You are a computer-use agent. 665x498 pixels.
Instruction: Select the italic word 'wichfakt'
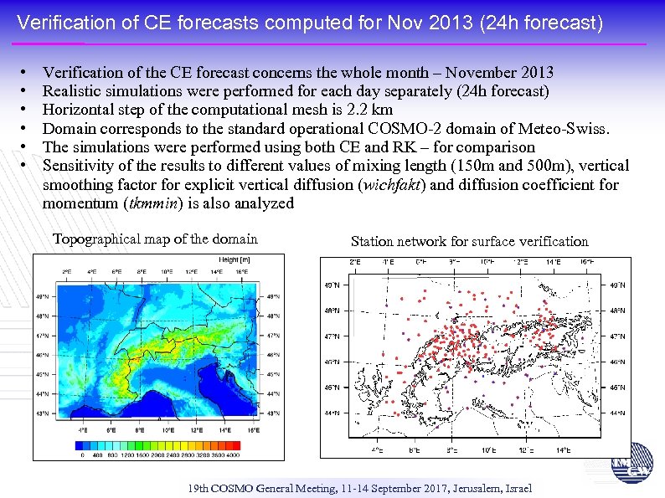coord(387,184)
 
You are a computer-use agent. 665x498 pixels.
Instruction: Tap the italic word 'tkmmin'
coord(151,203)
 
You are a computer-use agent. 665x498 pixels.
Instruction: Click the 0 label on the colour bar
coord(81,455)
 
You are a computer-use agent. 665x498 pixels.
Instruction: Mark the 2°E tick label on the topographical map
coord(67,271)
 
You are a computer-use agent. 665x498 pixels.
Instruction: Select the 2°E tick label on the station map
coord(354,262)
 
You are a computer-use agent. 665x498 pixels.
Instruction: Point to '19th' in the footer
coord(198,488)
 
